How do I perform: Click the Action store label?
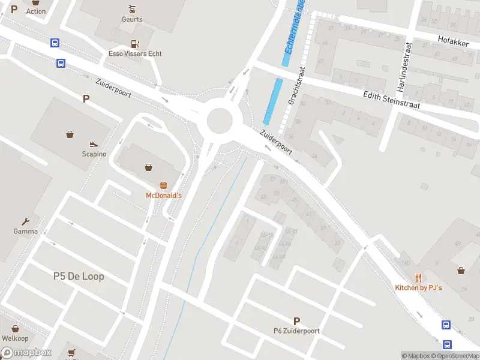[36, 11]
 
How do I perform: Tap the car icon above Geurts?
[132, 9]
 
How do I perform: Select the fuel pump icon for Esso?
[135, 43]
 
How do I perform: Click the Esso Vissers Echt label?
[135, 53]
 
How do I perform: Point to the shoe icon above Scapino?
[94, 144]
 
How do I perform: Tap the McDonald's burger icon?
[163, 185]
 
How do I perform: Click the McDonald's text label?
[164, 196]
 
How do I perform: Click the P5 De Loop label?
[79, 276]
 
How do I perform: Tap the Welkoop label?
[15, 338]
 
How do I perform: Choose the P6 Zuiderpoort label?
[296, 331]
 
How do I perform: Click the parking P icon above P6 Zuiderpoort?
[296, 321]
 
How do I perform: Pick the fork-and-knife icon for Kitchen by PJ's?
[418, 278]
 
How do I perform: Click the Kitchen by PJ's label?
[418, 288]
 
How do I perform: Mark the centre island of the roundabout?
[220, 122]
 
